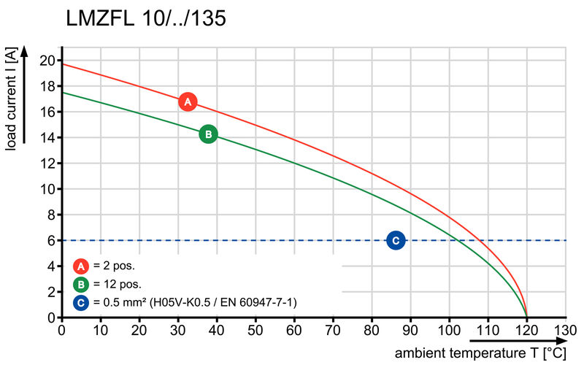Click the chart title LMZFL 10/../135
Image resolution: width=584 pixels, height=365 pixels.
pyautogui.click(x=145, y=19)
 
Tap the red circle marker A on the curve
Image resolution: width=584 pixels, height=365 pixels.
pyautogui.click(x=188, y=102)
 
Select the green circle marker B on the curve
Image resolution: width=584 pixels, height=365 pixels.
pyautogui.click(x=208, y=134)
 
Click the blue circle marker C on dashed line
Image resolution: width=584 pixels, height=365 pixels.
pyautogui.click(x=396, y=240)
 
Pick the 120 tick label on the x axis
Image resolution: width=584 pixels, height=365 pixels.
pyautogui.click(x=526, y=330)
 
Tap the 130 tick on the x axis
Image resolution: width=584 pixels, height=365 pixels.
pyautogui.click(x=565, y=330)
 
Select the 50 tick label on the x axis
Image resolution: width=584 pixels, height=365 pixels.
pyautogui.click(x=255, y=330)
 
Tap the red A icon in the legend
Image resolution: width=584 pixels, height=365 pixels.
pyautogui.click(x=82, y=266)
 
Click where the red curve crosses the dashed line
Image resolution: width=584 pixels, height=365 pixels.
pyautogui.click(x=480, y=240)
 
